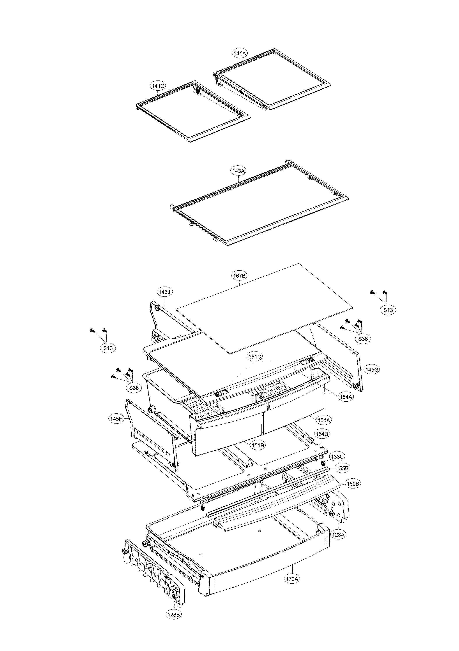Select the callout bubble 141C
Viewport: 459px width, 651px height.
click(x=158, y=86)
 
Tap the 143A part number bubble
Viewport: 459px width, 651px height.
click(x=238, y=171)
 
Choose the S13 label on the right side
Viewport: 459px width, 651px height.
click(x=388, y=310)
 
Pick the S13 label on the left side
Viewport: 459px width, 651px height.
click(x=108, y=348)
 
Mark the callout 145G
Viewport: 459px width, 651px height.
click(x=372, y=369)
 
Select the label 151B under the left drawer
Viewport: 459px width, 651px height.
click(x=258, y=445)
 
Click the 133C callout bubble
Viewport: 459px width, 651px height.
click(x=337, y=457)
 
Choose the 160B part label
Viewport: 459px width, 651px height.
click(x=353, y=484)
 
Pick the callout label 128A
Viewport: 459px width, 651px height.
click(x=339, y=534)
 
